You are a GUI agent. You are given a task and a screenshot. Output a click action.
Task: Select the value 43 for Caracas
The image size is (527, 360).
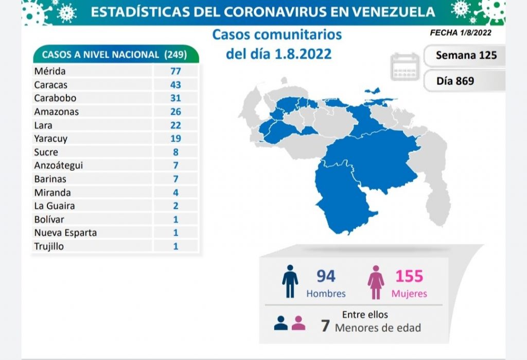click(175, 84)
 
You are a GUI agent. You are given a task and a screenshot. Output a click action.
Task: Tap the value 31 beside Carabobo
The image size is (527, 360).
click(175, 98)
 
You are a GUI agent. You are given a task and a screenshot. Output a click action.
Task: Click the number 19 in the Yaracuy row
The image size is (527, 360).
click(175, 138)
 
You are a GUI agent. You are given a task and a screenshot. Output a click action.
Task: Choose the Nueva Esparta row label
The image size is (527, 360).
click(65, 232)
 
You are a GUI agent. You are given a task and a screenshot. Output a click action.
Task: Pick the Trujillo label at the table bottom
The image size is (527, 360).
click(49, 246)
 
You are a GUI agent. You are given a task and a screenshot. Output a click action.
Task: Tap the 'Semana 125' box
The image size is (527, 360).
click(466, 55)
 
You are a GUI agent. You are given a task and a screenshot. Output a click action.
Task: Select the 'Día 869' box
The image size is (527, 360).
click(455, 81)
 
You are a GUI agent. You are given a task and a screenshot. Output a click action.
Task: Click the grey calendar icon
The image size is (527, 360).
click(405, 67)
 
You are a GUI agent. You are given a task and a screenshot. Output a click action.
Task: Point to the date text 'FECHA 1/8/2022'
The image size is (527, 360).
click(461, 33)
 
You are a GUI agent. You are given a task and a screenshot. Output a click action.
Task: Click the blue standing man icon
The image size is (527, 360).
click(290, 282)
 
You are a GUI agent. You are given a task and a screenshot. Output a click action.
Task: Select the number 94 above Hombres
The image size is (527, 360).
click(325, 276)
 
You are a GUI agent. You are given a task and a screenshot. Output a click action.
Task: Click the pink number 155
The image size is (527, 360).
click(409, 276)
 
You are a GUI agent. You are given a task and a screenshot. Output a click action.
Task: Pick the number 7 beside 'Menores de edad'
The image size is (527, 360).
click(325, 326)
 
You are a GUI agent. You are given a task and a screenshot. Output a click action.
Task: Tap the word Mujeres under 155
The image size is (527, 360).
click(409, 294)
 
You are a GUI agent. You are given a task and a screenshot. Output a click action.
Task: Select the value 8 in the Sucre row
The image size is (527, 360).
click(175, 152)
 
